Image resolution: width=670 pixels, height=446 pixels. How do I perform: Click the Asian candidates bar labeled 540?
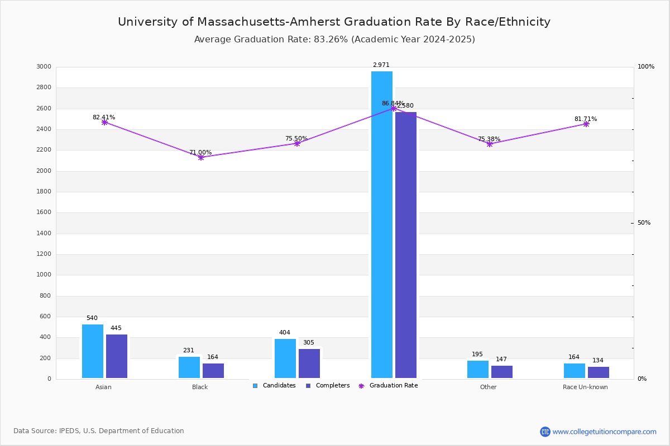(x=93, y=351)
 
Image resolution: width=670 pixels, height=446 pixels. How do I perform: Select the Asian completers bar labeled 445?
(x=117, y=356)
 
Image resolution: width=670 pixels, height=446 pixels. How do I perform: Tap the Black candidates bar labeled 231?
(x=189, y=367)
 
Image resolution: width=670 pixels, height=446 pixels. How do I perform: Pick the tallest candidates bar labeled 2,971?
(x=382, y=225)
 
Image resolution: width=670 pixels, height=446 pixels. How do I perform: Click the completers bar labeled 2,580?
(x=406, y=245)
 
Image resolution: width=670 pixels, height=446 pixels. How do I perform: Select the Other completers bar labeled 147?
(x=502, y=372)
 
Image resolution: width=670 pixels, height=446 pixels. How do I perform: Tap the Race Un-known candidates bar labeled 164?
(x=575, y=371)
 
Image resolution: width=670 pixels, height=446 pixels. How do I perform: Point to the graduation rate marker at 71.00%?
(x=201, y=157)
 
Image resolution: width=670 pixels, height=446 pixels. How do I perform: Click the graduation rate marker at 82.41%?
(x=104, y=122)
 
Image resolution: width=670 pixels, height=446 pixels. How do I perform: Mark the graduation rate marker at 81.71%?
(x=586, y=124)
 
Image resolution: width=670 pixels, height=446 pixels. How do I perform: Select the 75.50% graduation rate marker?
(x=297, y=144)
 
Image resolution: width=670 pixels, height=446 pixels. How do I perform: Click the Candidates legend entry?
(x=274, y=386)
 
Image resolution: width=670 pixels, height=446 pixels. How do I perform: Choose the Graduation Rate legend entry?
(x=388, y=386)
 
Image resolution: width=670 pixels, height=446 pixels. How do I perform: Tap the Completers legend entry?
(x=328, y=386)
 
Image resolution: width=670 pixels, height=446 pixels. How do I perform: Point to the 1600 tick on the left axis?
(x=44, y=212)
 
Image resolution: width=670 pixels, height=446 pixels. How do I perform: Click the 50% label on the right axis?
(x=644, y=223)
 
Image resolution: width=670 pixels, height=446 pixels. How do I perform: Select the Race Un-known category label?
(x=585, y=387)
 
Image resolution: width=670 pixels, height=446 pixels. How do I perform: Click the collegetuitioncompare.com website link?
(x=604, y=432)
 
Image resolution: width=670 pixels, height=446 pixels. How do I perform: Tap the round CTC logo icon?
(x=545, y=432)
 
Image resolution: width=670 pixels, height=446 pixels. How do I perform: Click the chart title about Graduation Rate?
(x=334, y=22)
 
